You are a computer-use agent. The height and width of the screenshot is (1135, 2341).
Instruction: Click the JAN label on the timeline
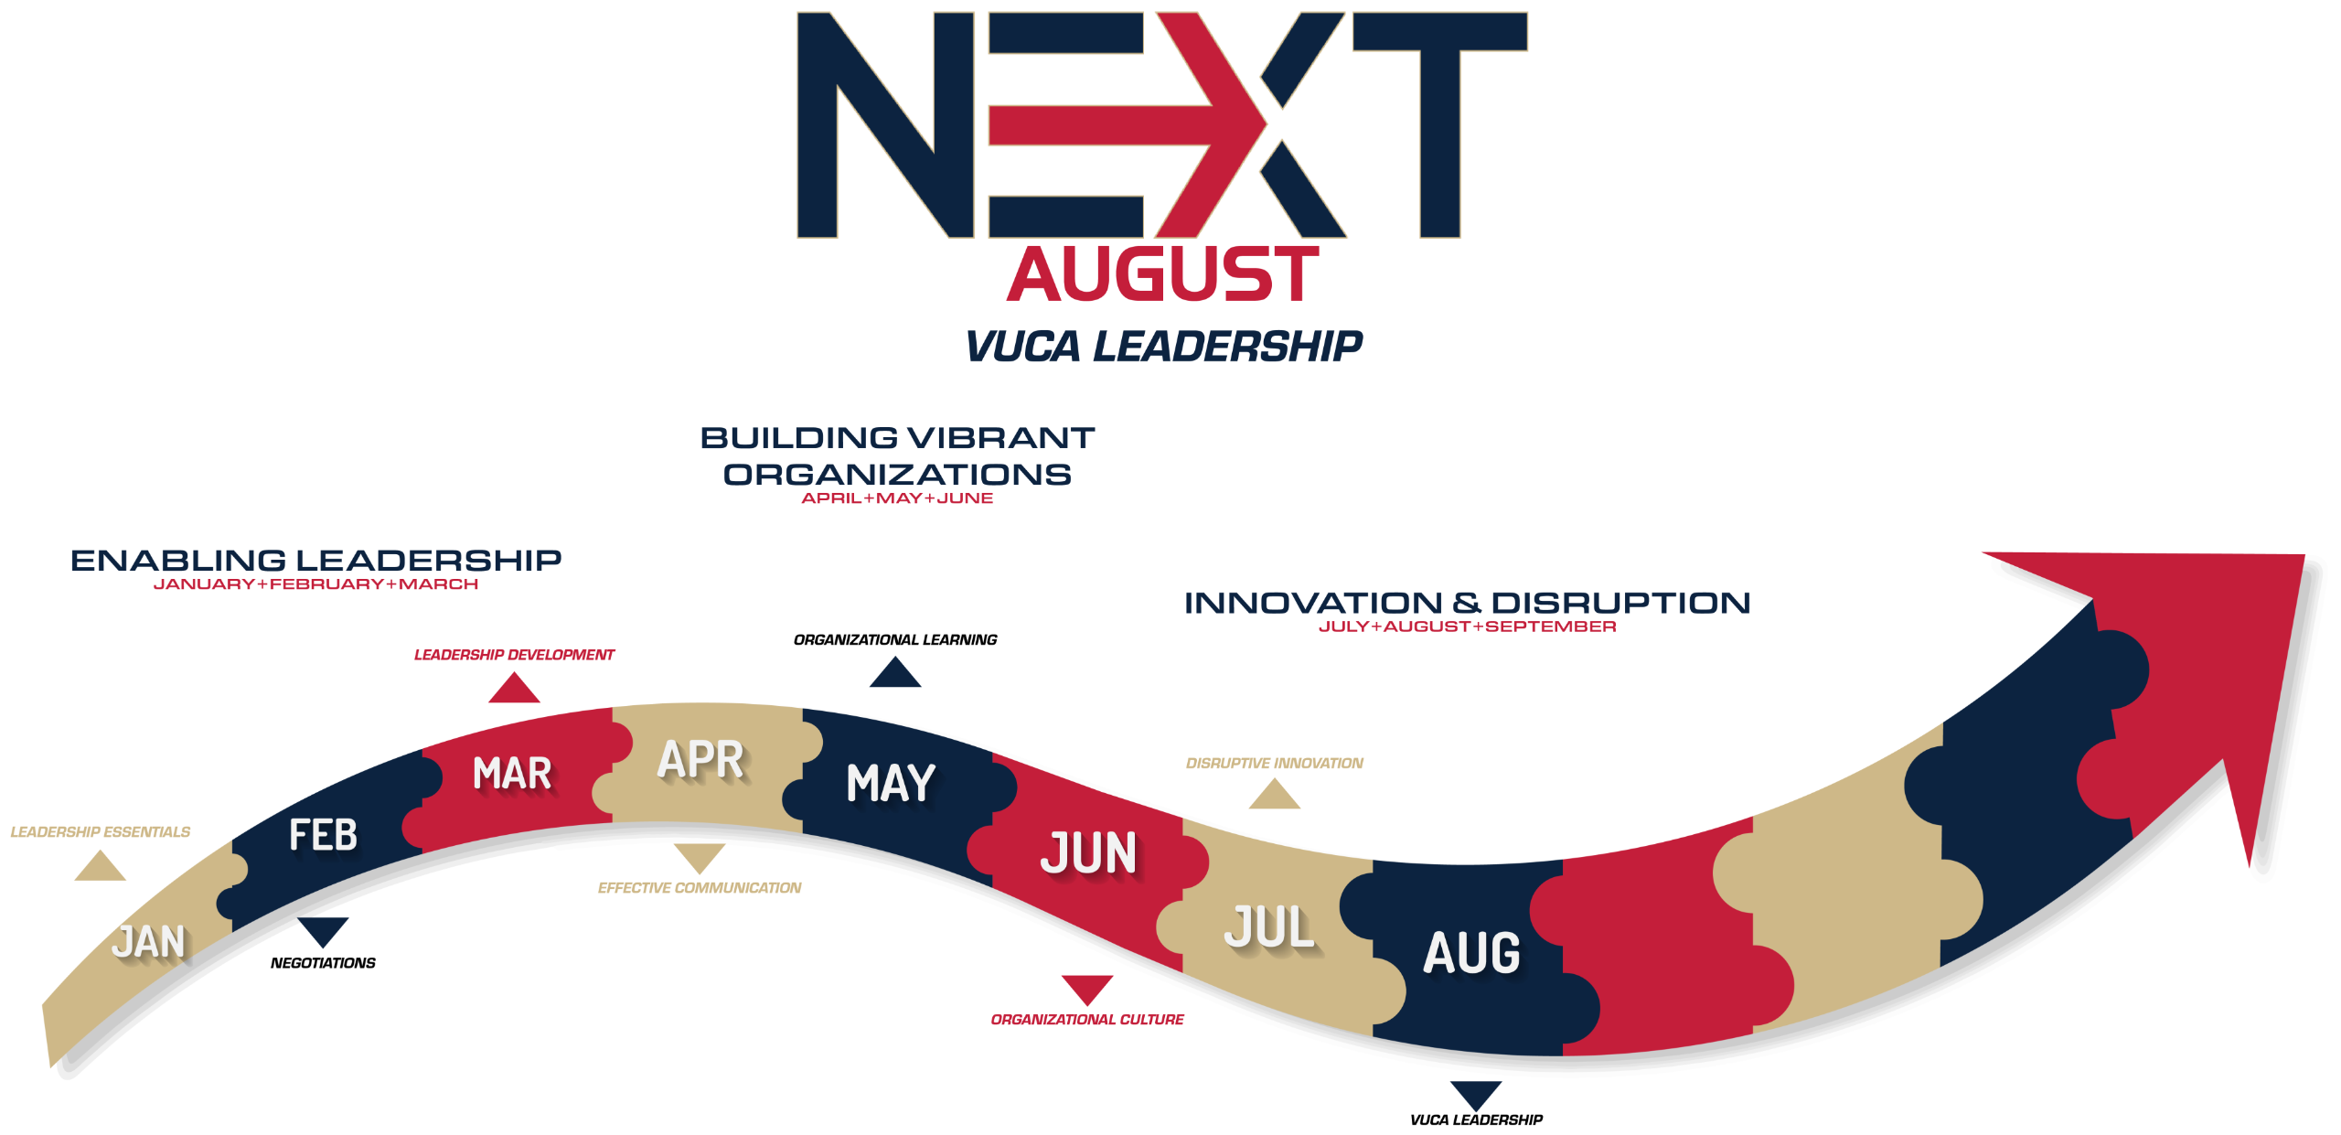pos(149,942)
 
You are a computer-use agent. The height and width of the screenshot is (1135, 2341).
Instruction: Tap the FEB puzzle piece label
pos(323,835)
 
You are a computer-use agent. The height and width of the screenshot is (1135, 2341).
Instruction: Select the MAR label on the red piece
pos(512,774)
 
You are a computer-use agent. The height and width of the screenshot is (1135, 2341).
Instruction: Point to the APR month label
pos(700,760)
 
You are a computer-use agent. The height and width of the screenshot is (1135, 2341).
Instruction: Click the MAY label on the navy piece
pos(891,783)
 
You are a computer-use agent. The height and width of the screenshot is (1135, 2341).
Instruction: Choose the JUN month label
pos(1088,852)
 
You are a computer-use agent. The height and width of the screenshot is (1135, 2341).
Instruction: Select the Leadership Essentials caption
pos(101,832)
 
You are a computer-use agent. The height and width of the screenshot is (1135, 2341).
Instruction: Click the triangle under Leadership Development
pos(514,688)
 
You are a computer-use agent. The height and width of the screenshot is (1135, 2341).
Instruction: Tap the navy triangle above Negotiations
pos(323,931)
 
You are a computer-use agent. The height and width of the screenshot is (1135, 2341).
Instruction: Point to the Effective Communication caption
pos(700,888)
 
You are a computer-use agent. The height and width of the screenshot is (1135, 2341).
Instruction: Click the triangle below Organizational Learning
pos(895,672)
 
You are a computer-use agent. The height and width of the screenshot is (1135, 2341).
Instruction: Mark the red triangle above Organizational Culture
pos(1087,989)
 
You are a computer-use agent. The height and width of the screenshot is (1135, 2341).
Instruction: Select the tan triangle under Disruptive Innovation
pos(1275,794)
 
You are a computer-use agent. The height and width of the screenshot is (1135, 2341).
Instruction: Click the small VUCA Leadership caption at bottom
pos(1476,1120)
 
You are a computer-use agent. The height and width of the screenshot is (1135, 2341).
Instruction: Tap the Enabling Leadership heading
pos(316,560)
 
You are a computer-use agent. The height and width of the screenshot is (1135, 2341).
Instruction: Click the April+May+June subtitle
pos(897,498)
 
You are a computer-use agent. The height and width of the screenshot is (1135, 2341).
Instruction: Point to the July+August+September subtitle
pos(1467,626)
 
